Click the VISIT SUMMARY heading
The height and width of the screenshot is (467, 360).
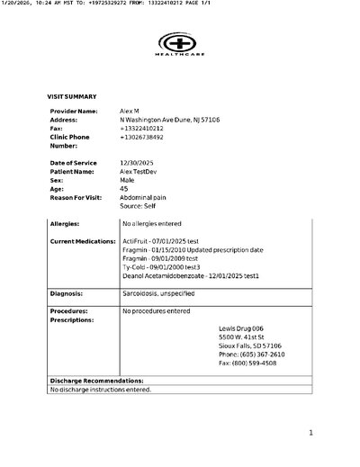tap(72, 95)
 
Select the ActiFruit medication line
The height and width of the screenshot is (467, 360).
tap(165, 242)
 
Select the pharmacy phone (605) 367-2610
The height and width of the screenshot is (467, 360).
tap(250, 379)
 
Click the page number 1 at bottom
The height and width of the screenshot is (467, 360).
tap(310, 434)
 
